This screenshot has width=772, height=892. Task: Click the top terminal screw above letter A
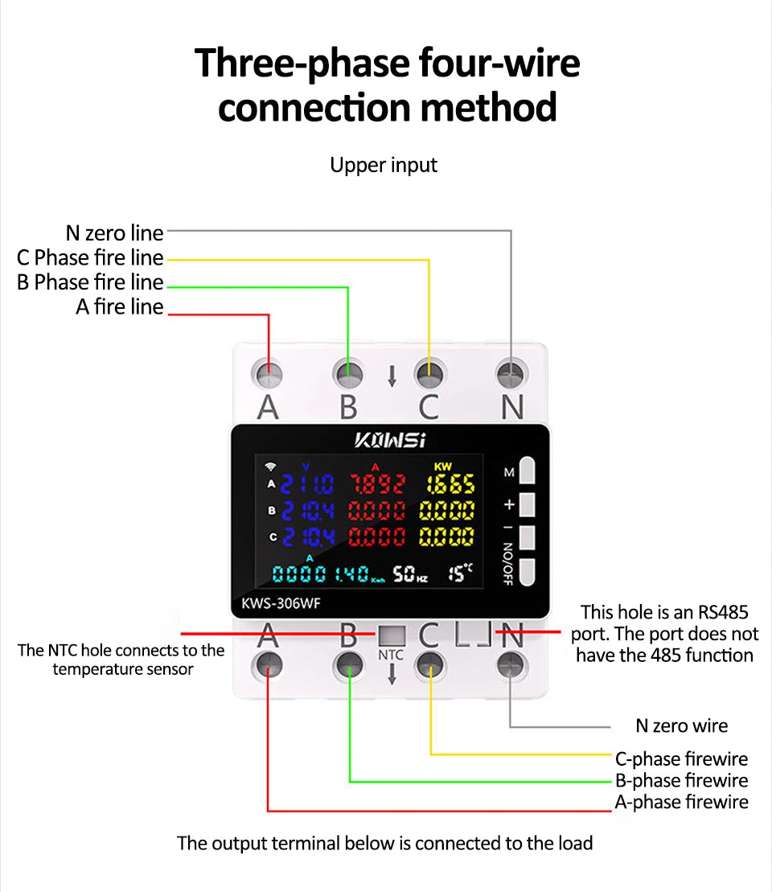pyautogui.click(x=268, y=373)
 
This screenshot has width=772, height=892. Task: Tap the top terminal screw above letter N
pyautogui.click(x=511, y=373)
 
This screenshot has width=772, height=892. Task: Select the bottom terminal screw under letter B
pyautogui.click(x=349, y=664)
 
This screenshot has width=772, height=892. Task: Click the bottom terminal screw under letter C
pyautogui.click(x=430, y=664)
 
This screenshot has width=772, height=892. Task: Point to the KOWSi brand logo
pyautogui.click(x=390, y=440)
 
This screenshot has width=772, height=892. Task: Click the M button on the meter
pyautogui.click(x=528, y=471)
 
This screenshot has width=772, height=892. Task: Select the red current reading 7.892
pyautogui.click(x=378, y=483)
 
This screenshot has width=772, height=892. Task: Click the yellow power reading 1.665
pyautogui.click(x=446, y=483)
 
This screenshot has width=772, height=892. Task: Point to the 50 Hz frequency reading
pyautogui.click(x=409, y=573)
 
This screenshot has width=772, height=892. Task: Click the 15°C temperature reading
pyautogui.click(x=461, y=573)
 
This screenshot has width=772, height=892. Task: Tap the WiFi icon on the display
pyautogui.click(x=270, y=467)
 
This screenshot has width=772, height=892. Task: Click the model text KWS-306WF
pyautogui.click(x=276, y=603)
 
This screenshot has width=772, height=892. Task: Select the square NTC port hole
pyautogui.click(x=391, y=635)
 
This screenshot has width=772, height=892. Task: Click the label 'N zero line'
pyautogui.click(x=114, y=233)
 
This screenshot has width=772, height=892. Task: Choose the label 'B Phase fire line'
pyautogui.click(x=90, y=282)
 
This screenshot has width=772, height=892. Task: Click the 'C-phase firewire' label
pyautogui.click(x=681, y=758)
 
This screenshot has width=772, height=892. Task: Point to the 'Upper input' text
pyautogui.click(x=384, y=165)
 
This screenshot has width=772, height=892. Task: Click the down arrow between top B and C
pyautogui.click(x=392, y=376)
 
